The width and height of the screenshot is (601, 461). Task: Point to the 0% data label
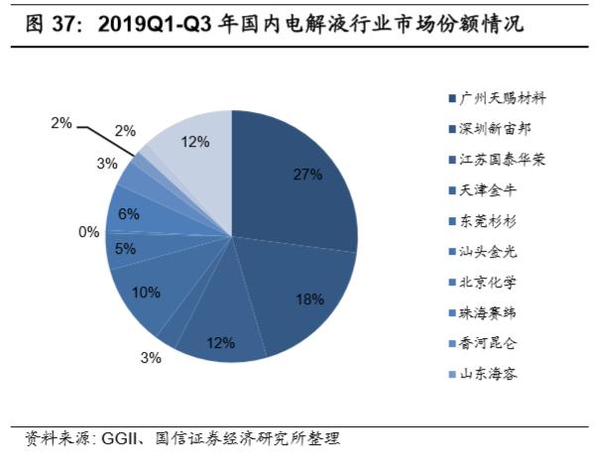[x=89, y=232]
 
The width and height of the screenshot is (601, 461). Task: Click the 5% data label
[x=125, y=249]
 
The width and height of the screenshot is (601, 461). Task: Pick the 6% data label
[x=128, y=213]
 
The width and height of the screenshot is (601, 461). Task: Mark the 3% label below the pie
[x=151, y=358]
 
